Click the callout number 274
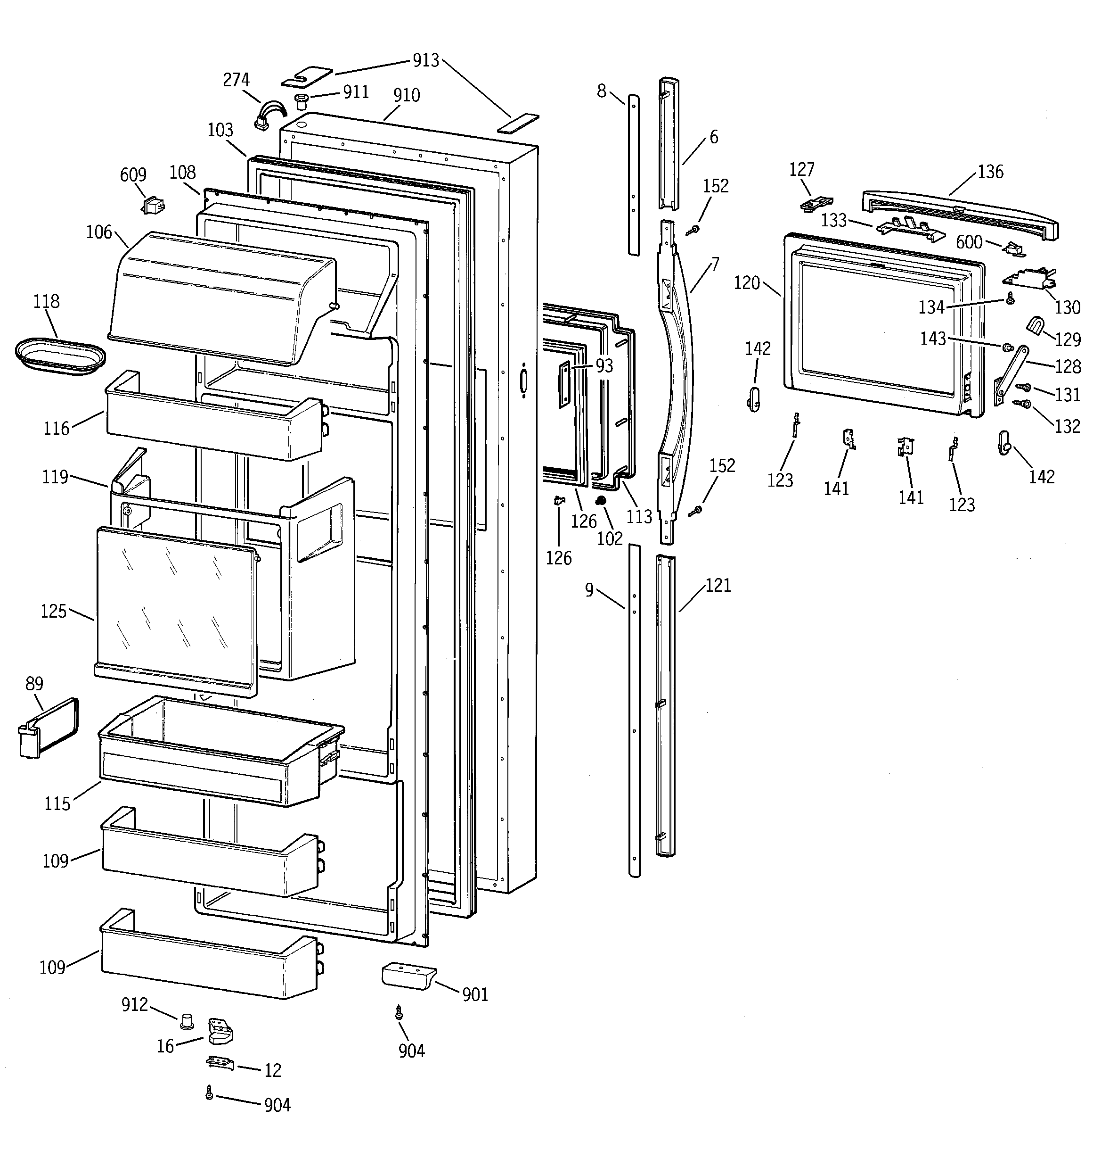[x=236, y=80]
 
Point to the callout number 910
[x=406, y=95]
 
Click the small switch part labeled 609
[x=153, y=206]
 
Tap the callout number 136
[x=990, y=172]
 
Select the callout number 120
[x=746, y=283]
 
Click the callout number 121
[x=718, y=585]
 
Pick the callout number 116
[x=57, y=429]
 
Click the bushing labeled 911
[x=302, y=100]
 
